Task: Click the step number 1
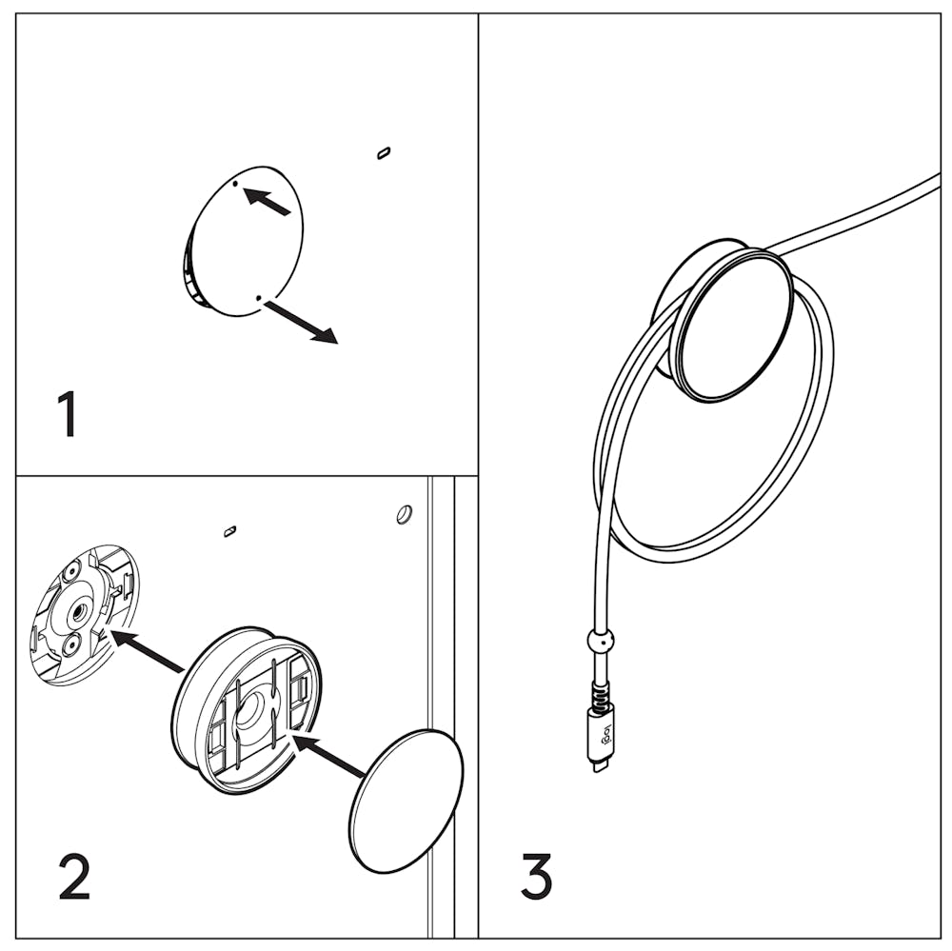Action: point(67,415)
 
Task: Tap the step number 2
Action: point(74,877)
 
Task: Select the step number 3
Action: point(536,877)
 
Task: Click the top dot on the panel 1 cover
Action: point(235,184)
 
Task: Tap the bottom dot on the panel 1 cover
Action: point(257,298)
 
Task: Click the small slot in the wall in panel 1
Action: point(384,152)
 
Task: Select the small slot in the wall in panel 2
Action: point(229,530)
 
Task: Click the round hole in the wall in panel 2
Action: point(404,514)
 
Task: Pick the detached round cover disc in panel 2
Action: point(406,801)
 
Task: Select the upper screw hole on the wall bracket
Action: point(69,575)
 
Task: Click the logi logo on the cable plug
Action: point(601,733)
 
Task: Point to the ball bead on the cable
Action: point(600,641)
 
